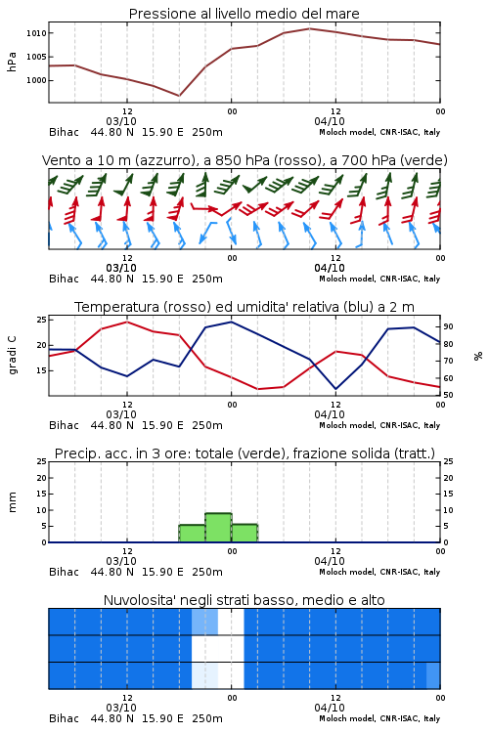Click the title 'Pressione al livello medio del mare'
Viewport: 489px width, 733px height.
(244, 14)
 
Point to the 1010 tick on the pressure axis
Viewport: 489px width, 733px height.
(36, 33)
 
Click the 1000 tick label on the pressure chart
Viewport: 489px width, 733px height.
(36, 80)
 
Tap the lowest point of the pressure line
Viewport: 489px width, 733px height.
(179, 96)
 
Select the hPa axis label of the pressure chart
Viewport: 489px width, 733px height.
(12, 62)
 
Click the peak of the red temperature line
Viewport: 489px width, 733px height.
(127, 322)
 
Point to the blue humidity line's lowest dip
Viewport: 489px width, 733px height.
(335, 389)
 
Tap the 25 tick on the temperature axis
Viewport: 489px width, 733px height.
(42, 320)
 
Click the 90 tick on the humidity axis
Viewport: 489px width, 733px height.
(448, 326)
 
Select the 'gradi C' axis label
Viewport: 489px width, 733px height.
(12, 355)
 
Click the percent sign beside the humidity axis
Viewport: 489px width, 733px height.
(478, 356)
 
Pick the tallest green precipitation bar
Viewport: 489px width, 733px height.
(218, 528)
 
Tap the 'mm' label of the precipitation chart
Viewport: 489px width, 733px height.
(12, 502)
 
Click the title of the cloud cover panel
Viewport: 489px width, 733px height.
(244, 600)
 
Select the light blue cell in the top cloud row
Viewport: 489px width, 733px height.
(205, 622)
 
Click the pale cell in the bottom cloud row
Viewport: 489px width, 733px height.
(205, 675)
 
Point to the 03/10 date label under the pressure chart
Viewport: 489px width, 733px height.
(121, 121)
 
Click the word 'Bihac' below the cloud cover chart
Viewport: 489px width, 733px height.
(65, 718)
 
